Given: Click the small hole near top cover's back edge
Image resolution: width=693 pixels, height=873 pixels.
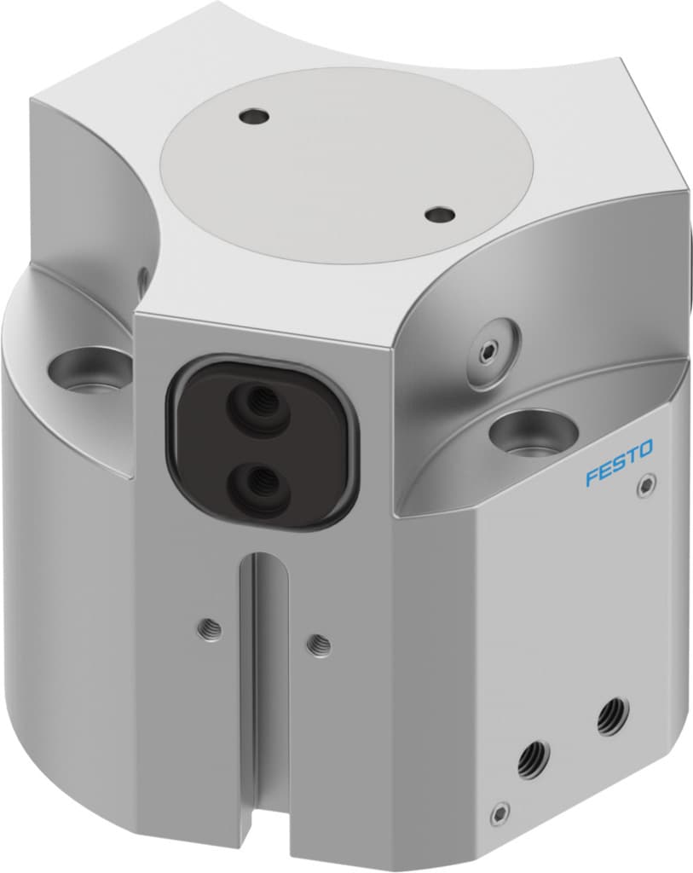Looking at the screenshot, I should point(251,115).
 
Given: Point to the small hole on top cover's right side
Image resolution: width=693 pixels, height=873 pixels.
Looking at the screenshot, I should point(440,215).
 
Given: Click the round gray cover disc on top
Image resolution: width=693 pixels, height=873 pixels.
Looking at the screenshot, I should point(347,162).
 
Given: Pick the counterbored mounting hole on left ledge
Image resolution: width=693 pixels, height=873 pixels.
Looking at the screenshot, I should point(89,372).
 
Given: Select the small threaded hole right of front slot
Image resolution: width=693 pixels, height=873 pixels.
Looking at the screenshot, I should point(319,645).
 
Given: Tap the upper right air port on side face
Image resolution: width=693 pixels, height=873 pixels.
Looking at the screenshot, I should point(609,717).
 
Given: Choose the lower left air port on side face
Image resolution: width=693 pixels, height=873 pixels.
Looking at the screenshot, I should point(532,758).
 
